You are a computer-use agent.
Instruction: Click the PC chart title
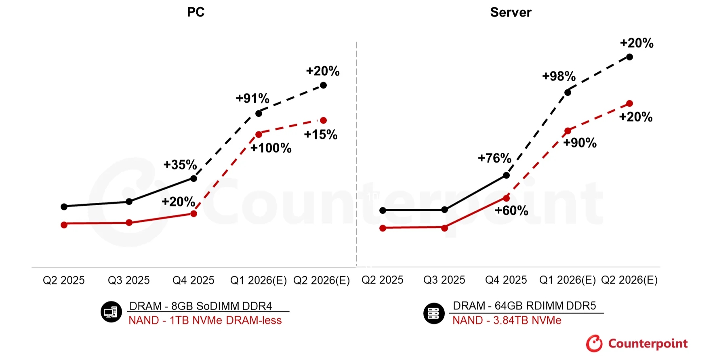point(196,12)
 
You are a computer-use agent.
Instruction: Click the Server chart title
point(511,13)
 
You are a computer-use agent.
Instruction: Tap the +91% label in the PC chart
point(252,98)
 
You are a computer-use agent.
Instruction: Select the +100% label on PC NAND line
point(271,148)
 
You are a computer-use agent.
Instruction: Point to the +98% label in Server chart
point(559,76)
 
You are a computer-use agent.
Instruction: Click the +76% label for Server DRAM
point(494,158)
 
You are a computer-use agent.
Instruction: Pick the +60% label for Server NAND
point(511,211)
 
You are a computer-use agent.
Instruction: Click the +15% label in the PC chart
point(321,135)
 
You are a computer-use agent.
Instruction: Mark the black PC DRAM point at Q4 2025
point(193,178)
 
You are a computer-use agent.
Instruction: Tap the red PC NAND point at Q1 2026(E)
point(259,134)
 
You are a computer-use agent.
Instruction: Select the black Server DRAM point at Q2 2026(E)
point(629,57)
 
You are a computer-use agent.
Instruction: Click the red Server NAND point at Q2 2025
point(383,228)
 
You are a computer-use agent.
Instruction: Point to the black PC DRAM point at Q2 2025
point(64,206)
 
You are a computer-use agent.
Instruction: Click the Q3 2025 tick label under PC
point(128,280)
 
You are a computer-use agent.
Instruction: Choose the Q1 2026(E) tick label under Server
point(567,280)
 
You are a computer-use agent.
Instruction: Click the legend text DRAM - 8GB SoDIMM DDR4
point(200,306)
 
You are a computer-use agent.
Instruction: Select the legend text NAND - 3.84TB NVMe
point(507,320)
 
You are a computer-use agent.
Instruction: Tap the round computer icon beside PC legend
point(111,312)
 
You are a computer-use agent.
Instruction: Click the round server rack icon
point(434,313)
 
